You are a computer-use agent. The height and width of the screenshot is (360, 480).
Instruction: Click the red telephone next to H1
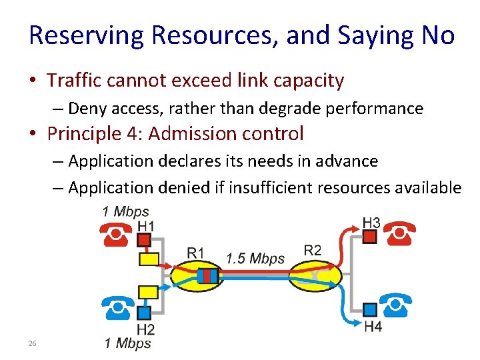click(116, 234)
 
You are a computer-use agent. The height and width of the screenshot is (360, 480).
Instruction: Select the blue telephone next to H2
click(118, 309)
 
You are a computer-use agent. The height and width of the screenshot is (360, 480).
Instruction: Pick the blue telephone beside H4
click(395, 305)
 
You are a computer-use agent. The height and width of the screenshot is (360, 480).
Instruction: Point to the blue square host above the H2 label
click(144, 312)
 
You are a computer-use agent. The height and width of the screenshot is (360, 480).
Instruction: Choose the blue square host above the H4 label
click(371, 309)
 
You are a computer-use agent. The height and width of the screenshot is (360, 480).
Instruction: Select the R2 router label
click(312, 251)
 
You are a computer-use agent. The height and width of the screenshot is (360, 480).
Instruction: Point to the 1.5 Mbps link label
click(255, 259)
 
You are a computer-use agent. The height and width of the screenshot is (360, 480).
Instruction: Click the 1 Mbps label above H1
click(125, 213)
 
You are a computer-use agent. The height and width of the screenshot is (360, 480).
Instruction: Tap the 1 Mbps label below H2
click(128, 344)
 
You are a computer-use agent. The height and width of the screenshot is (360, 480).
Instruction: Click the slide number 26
click(32, 343)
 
